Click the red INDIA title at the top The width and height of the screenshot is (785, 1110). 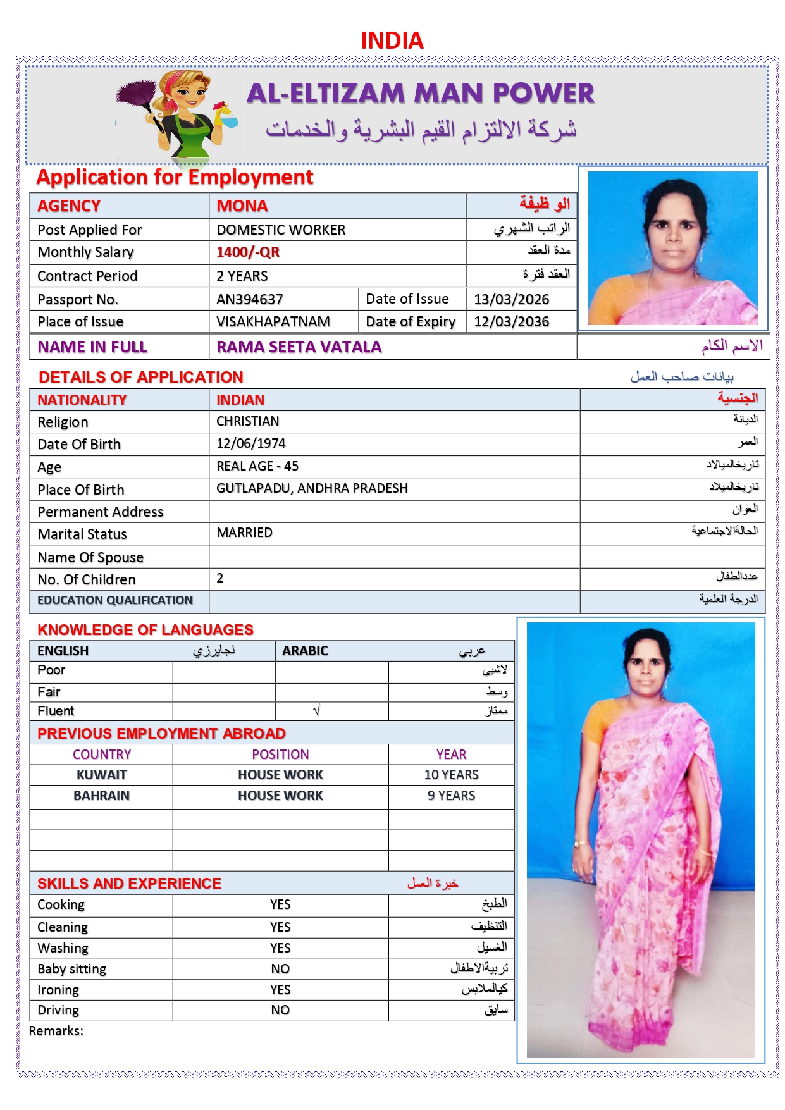tap(392, 40)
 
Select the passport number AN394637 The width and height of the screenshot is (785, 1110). tap(249, 299)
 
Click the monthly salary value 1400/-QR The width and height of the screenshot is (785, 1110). tap(247, 252)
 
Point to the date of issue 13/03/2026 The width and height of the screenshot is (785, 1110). tap(511, 299)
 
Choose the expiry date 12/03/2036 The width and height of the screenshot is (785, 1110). tap(511, 321)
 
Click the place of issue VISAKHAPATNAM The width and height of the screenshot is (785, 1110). tap(273, 321)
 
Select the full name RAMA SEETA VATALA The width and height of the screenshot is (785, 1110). tap(299, 347)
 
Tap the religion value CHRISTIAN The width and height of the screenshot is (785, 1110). tap(247, 421)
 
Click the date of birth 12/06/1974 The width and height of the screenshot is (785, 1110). tap(250, 443)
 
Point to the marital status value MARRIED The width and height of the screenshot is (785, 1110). tap(244, 533)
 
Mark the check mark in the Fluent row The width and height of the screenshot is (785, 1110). tap(317, 711)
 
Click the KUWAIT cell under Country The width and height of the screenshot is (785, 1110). tap(101, 775)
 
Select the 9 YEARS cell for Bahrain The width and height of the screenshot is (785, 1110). tap(451, 796)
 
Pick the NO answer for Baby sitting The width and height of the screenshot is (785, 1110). tap(280, 969)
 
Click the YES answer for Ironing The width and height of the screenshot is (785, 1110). tap(280, 990)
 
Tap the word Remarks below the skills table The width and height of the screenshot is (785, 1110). tap(56, 1031)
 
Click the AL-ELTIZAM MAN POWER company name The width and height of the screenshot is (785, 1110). tap(420, 94)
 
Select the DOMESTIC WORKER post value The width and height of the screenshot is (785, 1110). tap(281, 230)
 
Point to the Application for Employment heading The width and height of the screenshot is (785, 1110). tap(175, 177)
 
